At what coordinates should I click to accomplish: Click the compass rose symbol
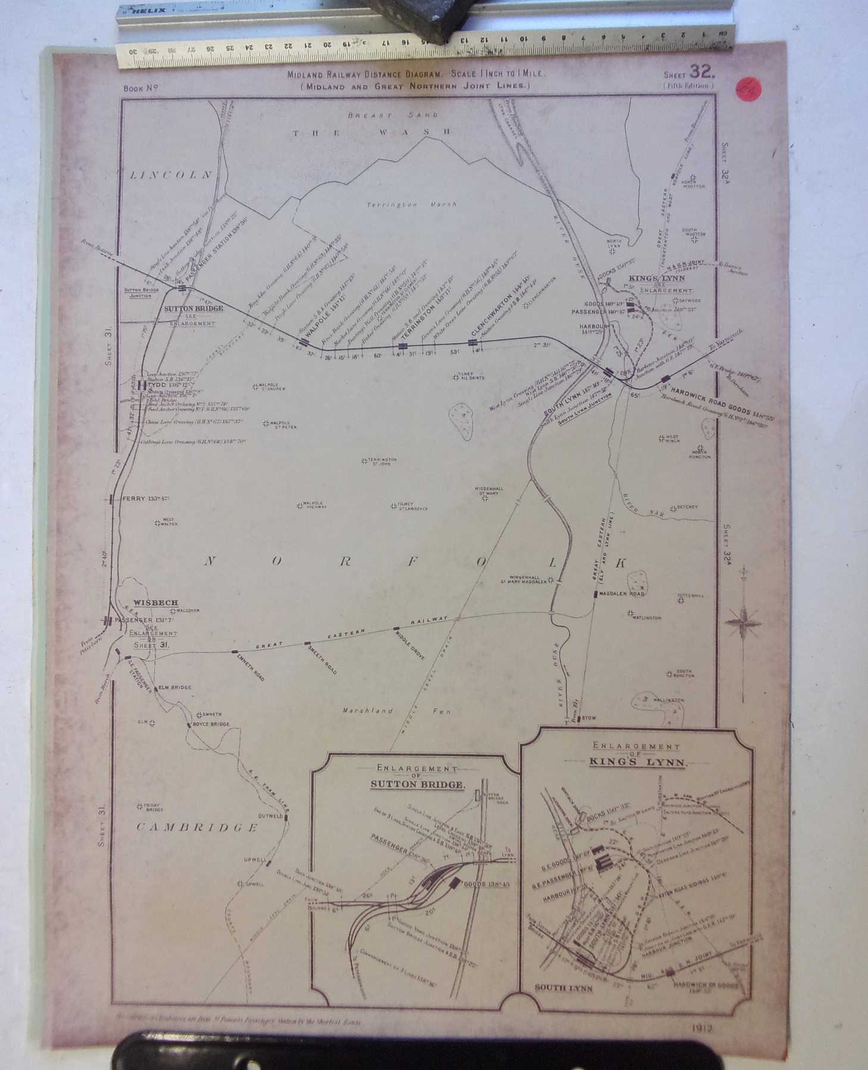(x=742, y=622)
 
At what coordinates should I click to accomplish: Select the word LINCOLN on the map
(x=171, y=175)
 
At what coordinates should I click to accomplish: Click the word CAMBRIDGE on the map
(x=197, y=827)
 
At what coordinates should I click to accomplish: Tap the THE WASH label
(x=371, y=133)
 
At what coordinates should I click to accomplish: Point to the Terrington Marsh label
(x=411, y=204)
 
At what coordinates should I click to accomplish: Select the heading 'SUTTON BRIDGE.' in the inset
(x=417, y=784)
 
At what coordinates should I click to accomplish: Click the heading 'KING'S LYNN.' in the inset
(x=636, y=762)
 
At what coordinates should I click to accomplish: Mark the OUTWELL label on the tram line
(x=269, y=816)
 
